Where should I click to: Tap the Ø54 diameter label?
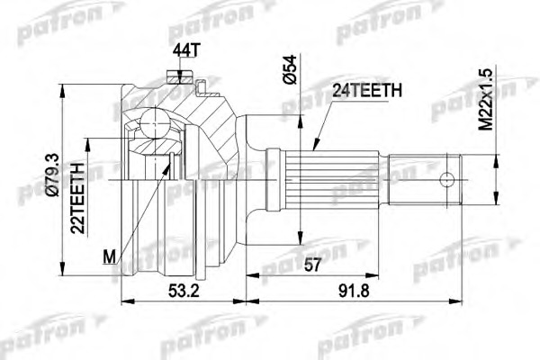[286, 71]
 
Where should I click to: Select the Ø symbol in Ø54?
[286, 85]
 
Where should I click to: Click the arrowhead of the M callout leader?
[171, 157]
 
